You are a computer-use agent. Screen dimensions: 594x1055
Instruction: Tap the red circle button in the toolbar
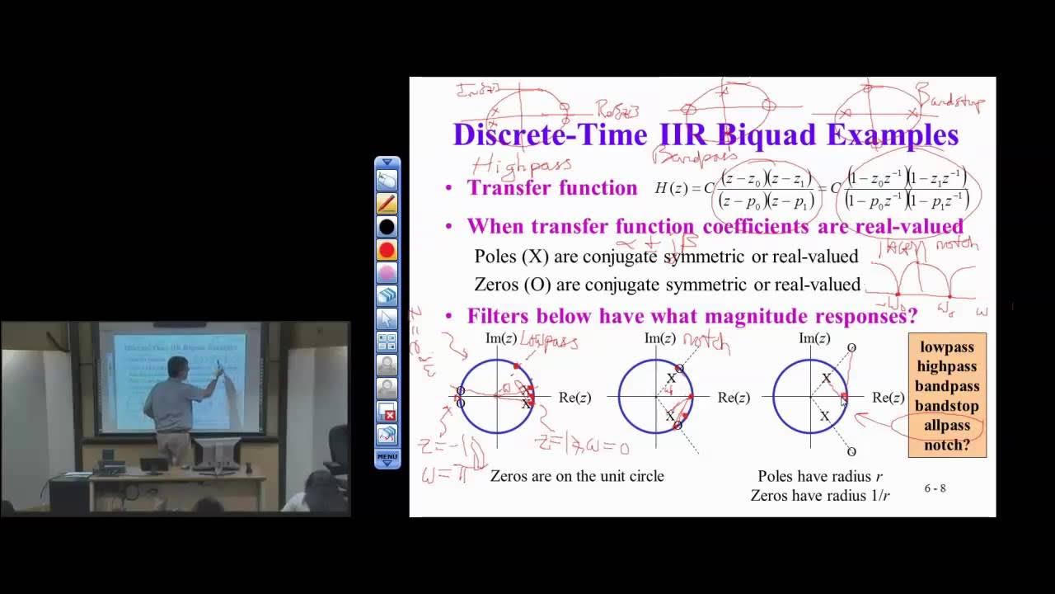[387, 249]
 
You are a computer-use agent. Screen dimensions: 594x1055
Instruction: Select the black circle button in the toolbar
[387, 226]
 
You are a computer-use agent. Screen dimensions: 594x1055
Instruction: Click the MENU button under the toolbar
[387, 456]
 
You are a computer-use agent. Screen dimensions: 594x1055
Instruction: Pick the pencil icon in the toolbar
[387, 203]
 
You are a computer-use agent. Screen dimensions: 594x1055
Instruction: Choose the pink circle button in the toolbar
[387, 272]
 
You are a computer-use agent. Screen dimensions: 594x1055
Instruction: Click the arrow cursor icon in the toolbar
[387, 318]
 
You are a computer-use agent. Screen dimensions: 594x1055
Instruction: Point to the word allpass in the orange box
[947, 426]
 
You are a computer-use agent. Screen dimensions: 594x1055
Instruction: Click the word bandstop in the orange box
[947, 406]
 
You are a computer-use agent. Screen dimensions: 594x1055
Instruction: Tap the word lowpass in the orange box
[947, 347]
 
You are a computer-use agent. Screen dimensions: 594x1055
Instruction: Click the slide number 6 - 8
[935, 488]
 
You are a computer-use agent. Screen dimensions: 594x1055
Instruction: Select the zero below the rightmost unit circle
[851, 451]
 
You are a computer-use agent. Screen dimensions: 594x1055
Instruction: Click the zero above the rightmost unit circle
[851, 348]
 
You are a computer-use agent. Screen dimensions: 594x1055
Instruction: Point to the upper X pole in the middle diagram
[671, 379]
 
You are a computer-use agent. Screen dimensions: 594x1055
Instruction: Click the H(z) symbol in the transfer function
[673, 188]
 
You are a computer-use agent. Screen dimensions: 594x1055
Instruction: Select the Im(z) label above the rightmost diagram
[814, 338]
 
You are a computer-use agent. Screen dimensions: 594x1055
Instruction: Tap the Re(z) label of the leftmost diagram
[574, 398]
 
